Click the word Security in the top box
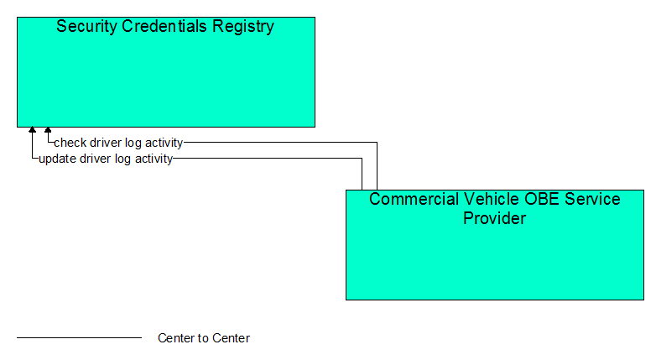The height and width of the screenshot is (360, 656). click(x=87, y=26)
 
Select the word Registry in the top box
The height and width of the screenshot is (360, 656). click(x=243, y=27)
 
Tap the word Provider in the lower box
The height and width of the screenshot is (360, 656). click(x=494, y=218)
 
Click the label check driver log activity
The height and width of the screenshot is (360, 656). click(x=118, y=143)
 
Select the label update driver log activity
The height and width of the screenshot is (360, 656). click(x=106, y=159)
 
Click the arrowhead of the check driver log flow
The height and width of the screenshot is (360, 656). click(x=48, y=130)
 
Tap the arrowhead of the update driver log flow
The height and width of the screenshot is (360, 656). click(x=32, y=130)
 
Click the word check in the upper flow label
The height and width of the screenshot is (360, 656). click(x=70, y=143)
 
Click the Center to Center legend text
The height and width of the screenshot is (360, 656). click(x=204, y=338)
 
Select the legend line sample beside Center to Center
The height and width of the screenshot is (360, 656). click(x=79, y=337)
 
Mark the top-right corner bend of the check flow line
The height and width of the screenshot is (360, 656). click(x=377, y=143)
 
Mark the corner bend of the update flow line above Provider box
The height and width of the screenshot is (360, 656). click(x=362, y=159)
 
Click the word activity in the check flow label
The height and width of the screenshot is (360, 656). click(x=164, y=143)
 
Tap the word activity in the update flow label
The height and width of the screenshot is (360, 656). click(x=154, y=159)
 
